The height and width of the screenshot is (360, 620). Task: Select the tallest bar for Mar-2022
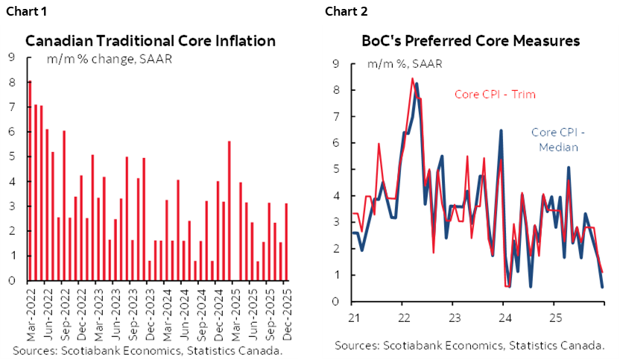pyautogui.click(x=30, y=181)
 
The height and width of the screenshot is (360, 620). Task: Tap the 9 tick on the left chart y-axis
pyautogui.click(x=12, y=56)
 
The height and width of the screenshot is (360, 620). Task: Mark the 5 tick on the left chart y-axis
pyautogui.click(x=12, y=156)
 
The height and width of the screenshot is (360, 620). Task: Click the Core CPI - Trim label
pyautogui.click(x=495, y=95)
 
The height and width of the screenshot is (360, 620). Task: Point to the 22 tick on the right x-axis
pyautogui.click(x=402, y=316)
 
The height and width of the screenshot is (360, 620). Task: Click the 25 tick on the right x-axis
pyautogui.click(x=553, y=316)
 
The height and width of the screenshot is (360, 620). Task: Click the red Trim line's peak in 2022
pyautogui.click(x=412, y=78)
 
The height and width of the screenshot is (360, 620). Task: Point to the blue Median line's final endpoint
pyautogui.click(x=602, y=287)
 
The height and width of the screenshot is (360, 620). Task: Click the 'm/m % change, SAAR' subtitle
pyautogui.click(x=110, y=59)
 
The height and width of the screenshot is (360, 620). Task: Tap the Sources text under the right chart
pyautogui.click(x=469, y=345)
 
